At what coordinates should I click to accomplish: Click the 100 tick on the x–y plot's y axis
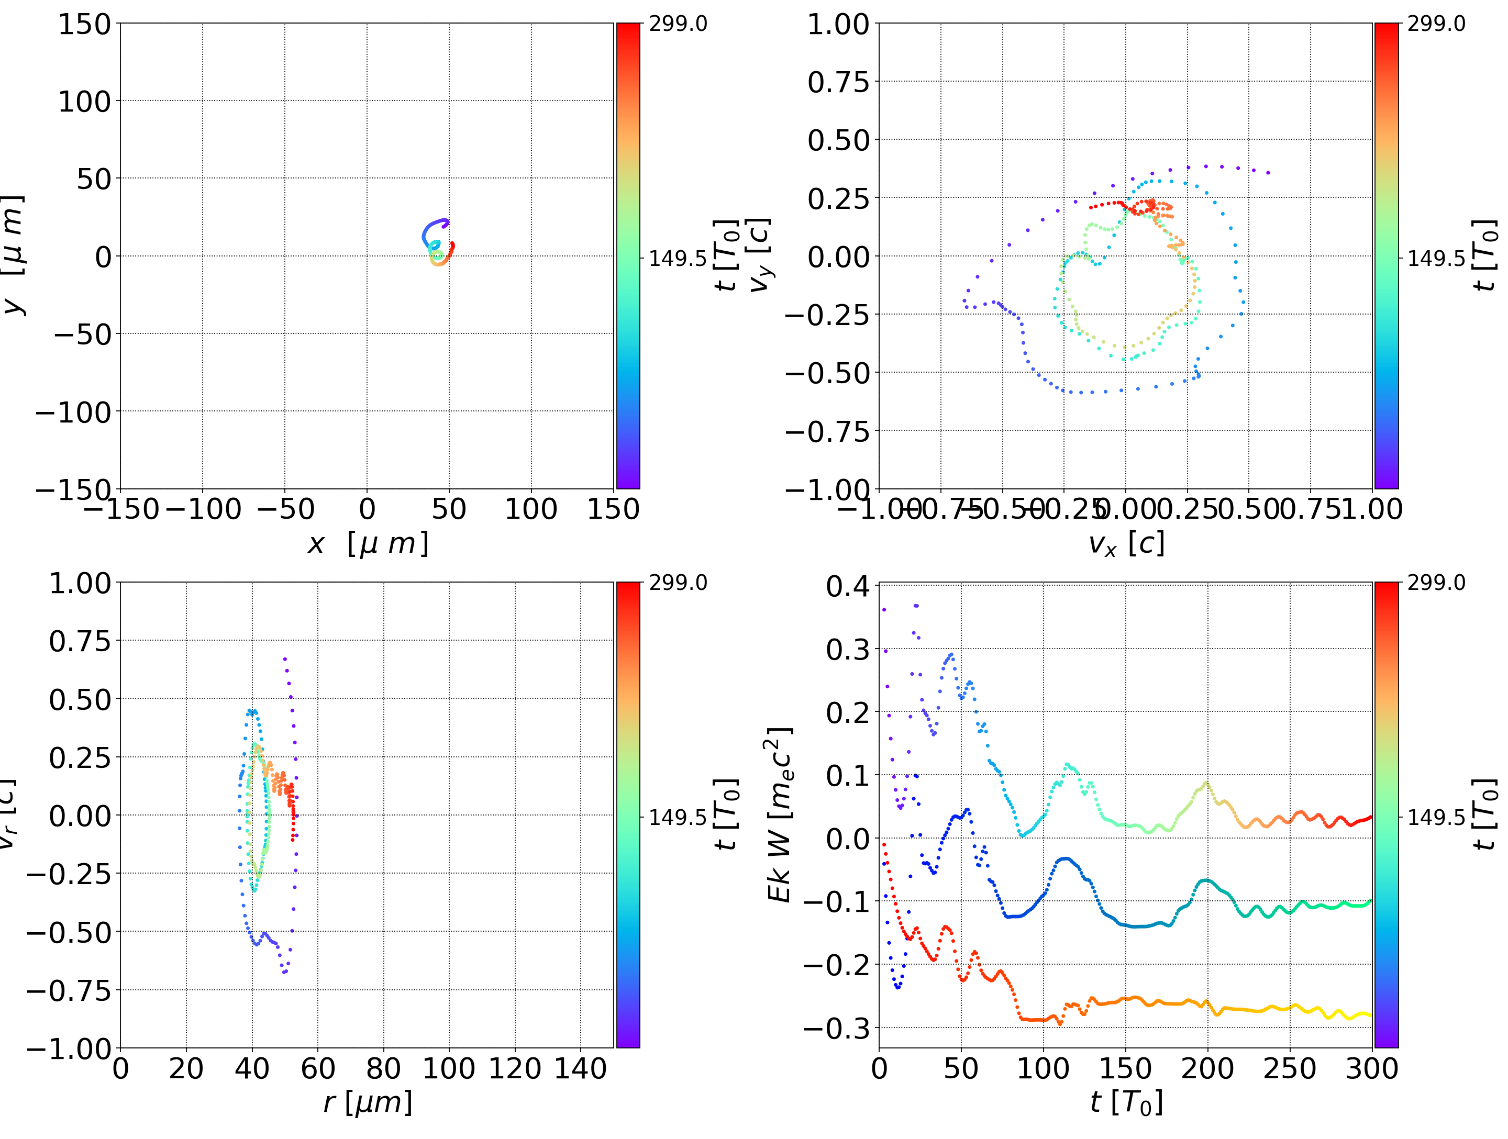(x=83, y=102)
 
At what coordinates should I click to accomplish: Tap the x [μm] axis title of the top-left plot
(x=368, y=543)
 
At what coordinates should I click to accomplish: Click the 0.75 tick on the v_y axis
(x=838, y=83)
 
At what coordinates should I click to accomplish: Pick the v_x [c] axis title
(x=1126, y=544)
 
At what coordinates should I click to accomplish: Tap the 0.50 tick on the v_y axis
(x=838, y=140)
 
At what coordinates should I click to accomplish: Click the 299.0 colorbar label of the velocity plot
(x=1436, y=24)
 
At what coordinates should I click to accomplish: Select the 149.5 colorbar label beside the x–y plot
(x=678, y=259)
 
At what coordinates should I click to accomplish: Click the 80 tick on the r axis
(x=383, y=1068)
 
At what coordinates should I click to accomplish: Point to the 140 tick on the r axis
(x=580, y=1068)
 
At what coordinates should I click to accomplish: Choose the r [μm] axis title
(x=368, y=1102)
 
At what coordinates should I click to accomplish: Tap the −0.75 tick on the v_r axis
(x=68, y=990)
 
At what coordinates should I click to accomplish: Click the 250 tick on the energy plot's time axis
(x=1289, y=1068)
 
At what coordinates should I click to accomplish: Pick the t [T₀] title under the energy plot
(x=1126, y=1103)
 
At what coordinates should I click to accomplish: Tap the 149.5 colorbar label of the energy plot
(x=1436, y=817)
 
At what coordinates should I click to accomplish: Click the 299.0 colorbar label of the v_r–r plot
(x=678, y=583)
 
